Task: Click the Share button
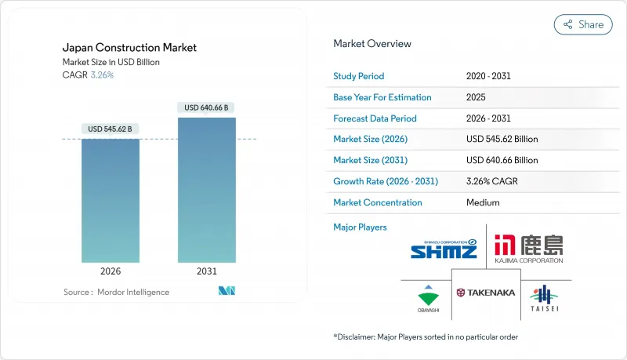click(x=583, y=24)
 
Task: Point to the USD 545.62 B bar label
click(x=111, y=129)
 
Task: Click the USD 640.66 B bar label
click(x=207, y=107)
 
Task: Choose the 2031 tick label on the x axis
click(x=207, y=271)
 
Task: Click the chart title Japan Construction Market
click(x=129, y=47)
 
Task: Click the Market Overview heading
click(x=372, y=43)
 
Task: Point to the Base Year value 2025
click(x=476, y=97)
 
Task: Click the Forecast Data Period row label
click(x=375, y=118)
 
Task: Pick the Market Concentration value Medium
click(x=482, y=202)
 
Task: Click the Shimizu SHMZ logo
click(x=444, y=250)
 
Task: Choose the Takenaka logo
click(x=486, y=292)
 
